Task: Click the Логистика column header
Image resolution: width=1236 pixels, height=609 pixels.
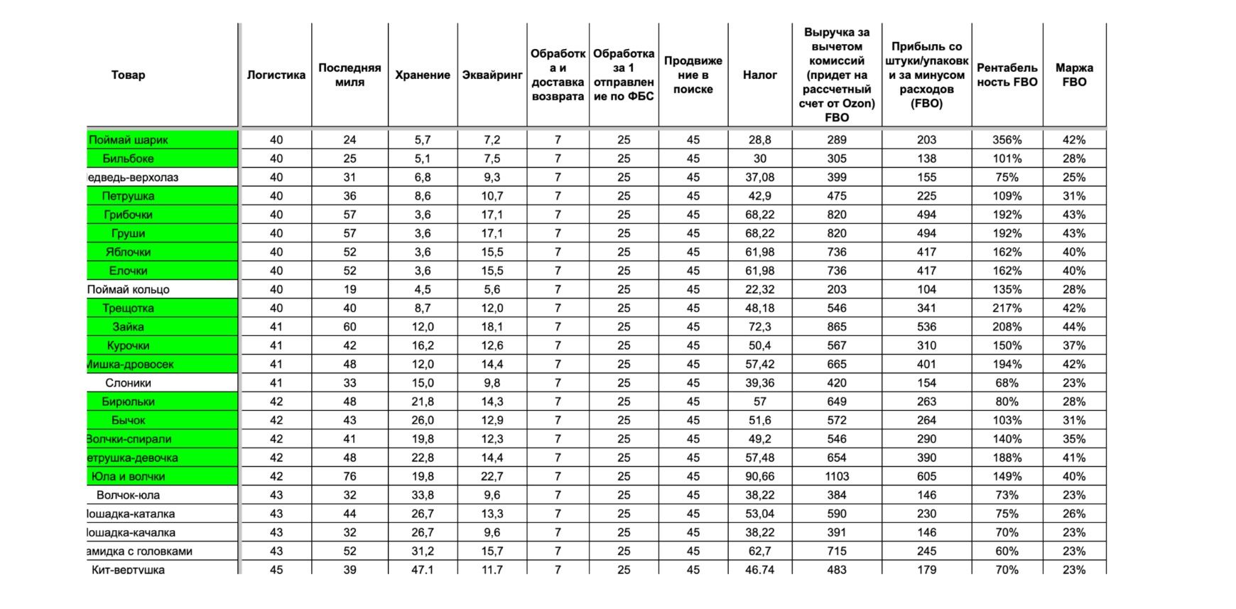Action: [276, 75]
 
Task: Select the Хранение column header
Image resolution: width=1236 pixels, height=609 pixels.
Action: [423, 75]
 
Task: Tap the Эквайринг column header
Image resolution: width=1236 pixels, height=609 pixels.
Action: [492, 75]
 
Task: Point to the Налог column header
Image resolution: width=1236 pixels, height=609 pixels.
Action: [759, 75]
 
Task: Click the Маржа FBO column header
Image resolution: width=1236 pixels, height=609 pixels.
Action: [1074, 75]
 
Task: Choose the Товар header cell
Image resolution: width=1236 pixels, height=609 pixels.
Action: [128, 75]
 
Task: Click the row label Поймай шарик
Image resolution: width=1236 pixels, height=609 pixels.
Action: [129, 140]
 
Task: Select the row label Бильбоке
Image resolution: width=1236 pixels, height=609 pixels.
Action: [128, 158]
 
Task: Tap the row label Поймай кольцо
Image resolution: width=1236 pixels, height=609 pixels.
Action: [129, 289]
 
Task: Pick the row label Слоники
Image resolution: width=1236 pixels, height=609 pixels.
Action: [128, 383]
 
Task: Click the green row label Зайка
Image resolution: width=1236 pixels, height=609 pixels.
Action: [128, 327]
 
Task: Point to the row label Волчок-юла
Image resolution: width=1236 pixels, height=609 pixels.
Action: [128, 495]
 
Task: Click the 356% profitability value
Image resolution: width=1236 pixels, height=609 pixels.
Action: [1007, 140]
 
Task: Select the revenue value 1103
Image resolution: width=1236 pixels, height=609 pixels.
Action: [837, 476]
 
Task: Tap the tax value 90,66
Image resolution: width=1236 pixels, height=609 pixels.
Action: [759, 476]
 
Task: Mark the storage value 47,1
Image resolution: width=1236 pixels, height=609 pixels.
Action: [423, 569]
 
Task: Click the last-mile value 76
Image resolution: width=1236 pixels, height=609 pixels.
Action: [349, 476]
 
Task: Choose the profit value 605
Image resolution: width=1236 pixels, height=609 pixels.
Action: [926, 476]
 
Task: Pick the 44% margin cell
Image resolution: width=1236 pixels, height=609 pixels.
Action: [1074, 327]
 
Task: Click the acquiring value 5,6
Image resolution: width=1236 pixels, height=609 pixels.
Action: [492, 289]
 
